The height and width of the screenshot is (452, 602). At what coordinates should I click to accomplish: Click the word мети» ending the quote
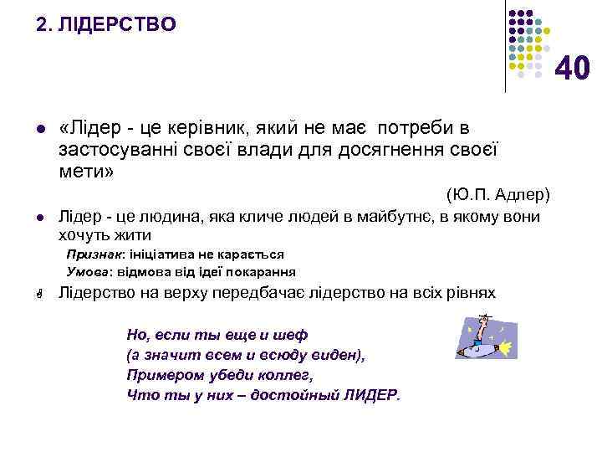tap(87, 172)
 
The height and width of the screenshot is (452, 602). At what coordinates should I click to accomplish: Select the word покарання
tap(264, 272)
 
